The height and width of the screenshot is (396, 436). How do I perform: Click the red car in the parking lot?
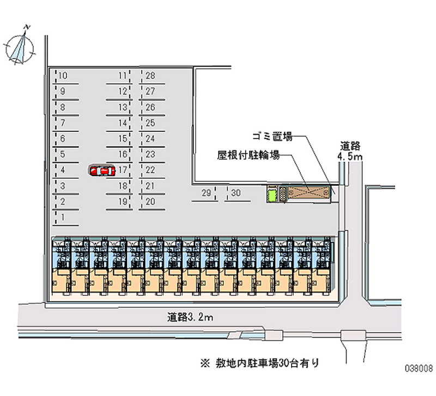click(102, 170)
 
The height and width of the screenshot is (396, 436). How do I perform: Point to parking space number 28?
click(151, 76)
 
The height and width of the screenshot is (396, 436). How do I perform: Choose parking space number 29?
click(206, 193)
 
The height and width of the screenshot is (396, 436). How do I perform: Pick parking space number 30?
click(235, 193)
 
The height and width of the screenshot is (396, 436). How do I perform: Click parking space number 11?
click(123, 76)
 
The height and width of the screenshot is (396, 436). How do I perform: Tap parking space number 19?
click(123, 202)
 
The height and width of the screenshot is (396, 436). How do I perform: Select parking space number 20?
click(151, 202)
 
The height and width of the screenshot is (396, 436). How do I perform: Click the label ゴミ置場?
click(272, 136)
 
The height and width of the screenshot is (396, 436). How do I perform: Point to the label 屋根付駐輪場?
click(249, 156)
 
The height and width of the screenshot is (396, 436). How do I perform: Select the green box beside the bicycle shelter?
click(271, 193)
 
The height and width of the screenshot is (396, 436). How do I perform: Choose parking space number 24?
click(151, 139)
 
